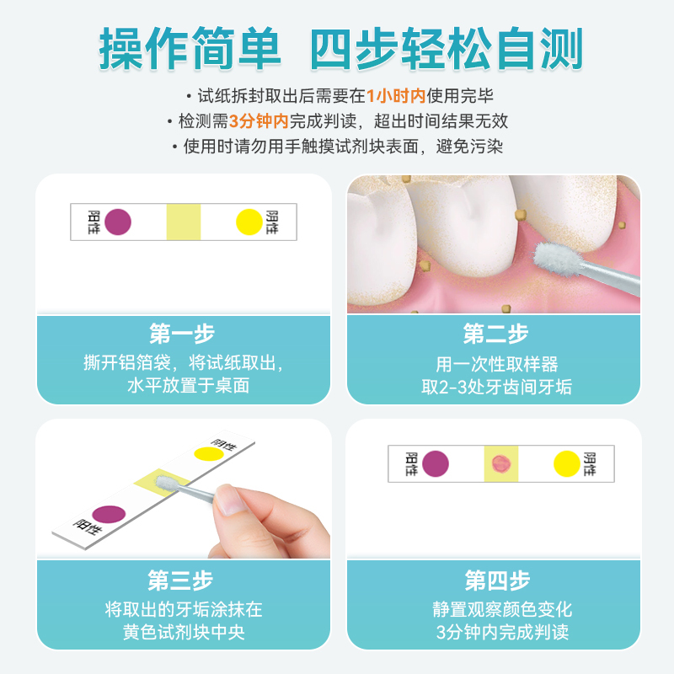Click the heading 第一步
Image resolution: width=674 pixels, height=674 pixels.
182,334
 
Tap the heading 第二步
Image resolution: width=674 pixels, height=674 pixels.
495,334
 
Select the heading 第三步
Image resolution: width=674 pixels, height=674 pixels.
182,580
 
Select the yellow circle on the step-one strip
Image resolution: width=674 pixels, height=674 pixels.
249,222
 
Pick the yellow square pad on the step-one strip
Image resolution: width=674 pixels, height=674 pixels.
184,222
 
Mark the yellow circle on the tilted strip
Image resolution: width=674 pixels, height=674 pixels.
208,454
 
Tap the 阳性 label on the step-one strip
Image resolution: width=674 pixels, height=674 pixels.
94,222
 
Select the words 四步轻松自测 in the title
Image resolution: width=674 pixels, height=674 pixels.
447,51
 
